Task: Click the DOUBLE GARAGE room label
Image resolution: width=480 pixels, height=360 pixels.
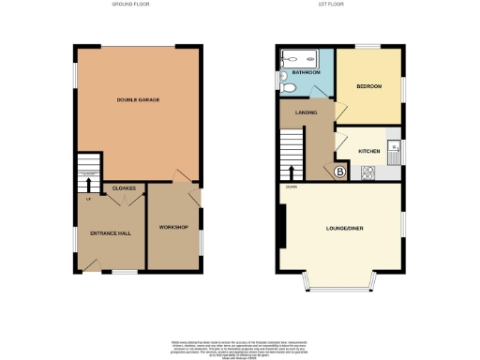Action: (x=137, y=98)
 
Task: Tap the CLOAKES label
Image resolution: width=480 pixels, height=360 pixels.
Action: (x=125, y=187)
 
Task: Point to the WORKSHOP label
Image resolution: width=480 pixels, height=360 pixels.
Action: (x=173, y=228)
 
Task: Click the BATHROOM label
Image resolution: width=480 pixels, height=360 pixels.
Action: (x=306, y=71)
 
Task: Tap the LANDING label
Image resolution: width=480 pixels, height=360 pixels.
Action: (x=307, y=114)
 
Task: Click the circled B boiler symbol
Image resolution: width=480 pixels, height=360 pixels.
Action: (x=339, y=172)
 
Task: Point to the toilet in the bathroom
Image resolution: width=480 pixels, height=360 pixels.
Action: (x=290, y=86)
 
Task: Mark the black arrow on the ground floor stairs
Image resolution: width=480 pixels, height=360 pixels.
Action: (x=90, y=180)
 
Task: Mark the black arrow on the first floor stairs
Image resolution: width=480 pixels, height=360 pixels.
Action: (x=296, y=171)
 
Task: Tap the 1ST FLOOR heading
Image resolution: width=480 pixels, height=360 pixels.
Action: (x=339, y=5)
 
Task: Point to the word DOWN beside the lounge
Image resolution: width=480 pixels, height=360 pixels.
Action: (x=292, y=187)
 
